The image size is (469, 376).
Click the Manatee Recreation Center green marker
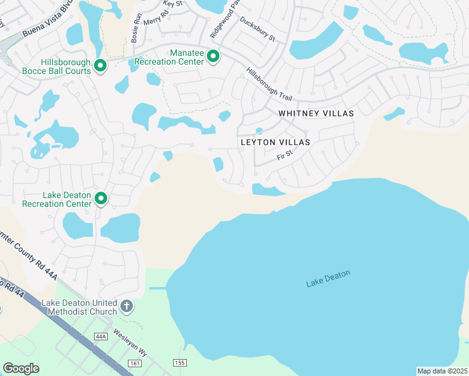click(x=213, y=57)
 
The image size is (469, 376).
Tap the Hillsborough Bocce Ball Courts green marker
click(x=100, y=65)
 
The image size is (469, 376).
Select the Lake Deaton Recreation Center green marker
click(x=100, y=199)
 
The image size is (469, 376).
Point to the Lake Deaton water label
click(x=328, y=279)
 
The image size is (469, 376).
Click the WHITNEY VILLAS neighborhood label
click(x=316, y=113)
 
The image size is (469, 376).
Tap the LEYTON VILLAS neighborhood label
click(x=275, y=142)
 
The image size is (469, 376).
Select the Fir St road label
click(x=285, y=154)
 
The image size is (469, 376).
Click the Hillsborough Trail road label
click(x=269, y=85)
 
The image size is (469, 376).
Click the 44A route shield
click(x=100, y=337)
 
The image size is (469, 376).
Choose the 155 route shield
click(x=179, y=362)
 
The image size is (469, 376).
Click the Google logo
click(x=21, y=368)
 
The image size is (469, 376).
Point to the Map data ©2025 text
click(x=441, y=371)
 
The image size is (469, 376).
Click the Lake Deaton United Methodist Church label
click(x=79, y=307)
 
